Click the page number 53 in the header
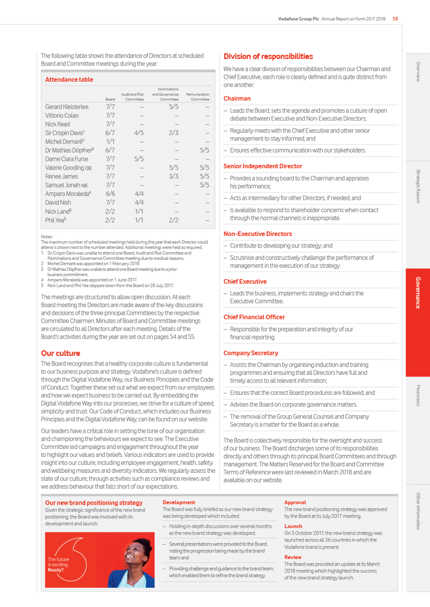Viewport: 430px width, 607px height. coord(395,19)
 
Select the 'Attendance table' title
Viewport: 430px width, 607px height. coord(69,80)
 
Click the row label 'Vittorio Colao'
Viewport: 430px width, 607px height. coord(62,115)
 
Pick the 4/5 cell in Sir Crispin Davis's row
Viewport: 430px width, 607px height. coord(139,133)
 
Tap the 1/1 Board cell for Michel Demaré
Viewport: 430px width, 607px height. coord(110,141)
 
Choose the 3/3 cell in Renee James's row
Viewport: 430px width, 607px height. coord(174,176)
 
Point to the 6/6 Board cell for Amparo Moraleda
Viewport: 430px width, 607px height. coord(110,194)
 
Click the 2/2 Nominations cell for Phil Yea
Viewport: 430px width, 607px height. coord(174,220)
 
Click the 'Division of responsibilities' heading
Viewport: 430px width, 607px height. coord(268,57)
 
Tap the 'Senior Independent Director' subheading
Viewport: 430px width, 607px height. coord(263,166)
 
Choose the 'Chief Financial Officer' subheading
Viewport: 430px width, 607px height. coord(254,317)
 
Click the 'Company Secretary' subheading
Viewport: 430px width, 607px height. coord(251,353)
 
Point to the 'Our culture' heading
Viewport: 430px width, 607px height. coord(61,353)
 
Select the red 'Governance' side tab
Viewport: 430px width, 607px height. coord(418,293)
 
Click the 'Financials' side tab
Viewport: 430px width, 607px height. coord(418,395)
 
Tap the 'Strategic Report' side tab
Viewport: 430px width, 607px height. coord(418,186)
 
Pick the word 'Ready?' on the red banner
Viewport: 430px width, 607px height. coord(56,570)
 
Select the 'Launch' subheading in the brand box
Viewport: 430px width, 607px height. coord(293,526)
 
